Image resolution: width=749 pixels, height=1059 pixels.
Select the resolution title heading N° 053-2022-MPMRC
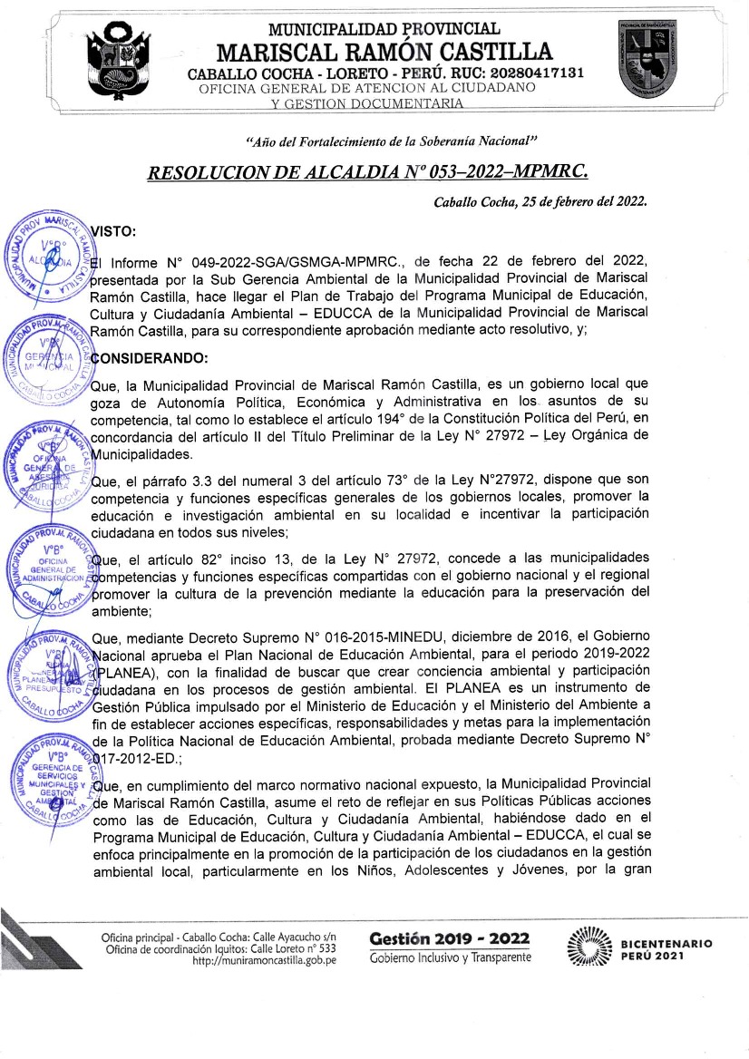(x=373, y=172)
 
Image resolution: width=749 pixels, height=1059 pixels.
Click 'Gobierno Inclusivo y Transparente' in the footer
(x=450, y=959)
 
